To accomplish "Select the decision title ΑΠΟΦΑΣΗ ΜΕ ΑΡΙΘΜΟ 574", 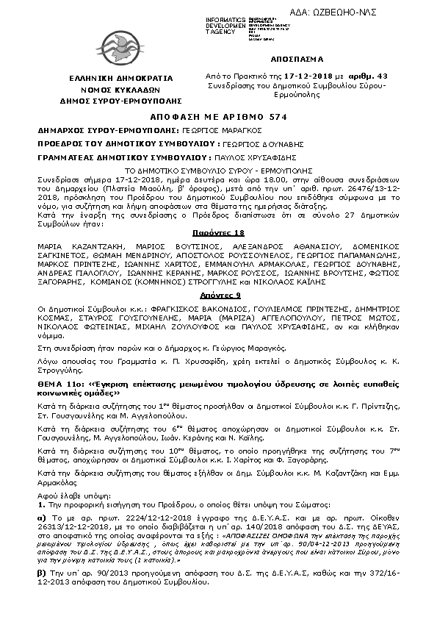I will (217, 117).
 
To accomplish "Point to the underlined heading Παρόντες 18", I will (219, 231).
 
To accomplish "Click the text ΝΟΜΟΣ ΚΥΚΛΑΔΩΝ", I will (116, 87).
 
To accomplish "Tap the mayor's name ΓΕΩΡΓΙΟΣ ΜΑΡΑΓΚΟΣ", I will (173, 130).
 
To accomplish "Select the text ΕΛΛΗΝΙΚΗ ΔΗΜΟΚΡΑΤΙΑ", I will (116, 76).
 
